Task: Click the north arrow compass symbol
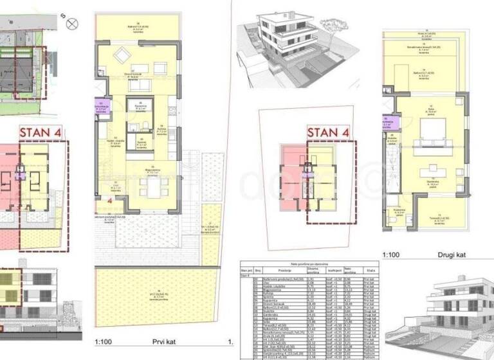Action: [72, 24]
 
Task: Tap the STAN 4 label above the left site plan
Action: [43, 134]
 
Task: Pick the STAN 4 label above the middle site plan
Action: [329, 134]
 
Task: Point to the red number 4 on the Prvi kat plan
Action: [110, 201]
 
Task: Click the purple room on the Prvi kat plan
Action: [102, 107]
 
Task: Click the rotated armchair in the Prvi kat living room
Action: [122, 57]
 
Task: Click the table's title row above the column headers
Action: [305, 264]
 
